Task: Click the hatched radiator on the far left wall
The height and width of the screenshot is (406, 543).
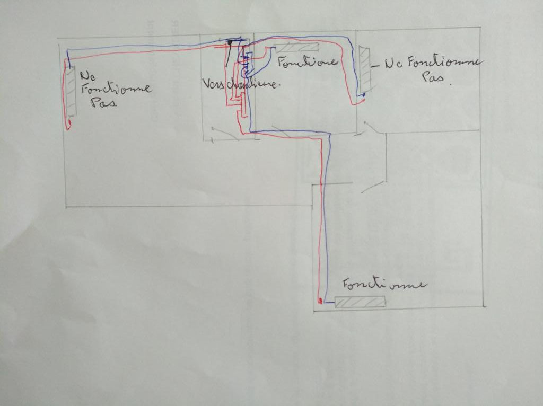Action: click(71, 91)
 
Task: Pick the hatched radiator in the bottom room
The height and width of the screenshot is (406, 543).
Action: click(360, 302)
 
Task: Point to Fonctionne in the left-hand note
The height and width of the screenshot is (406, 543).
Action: click(116, 88)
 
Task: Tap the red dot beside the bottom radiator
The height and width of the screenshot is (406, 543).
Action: click(320, 301)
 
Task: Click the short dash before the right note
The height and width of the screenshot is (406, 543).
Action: click(375, 66)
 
